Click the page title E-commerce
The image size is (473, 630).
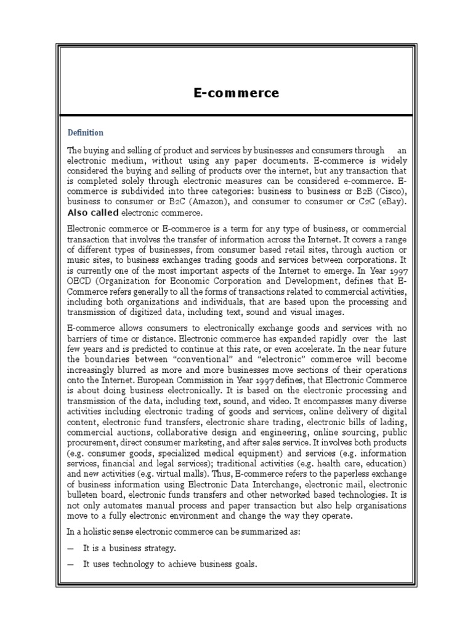(x=236, y=94)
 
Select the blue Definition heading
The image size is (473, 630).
(x=86, y=132)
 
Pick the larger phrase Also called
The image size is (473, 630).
(x=93, y=213)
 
